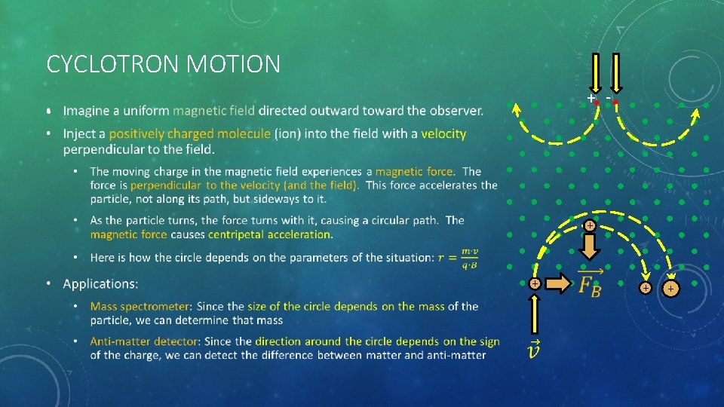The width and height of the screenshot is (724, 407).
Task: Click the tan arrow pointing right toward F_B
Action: click(557, 284)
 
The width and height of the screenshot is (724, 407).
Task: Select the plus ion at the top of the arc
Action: click(590, 225)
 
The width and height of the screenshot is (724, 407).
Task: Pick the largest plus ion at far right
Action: click(670, 288)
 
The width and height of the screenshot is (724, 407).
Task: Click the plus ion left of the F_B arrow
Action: click(533, 284)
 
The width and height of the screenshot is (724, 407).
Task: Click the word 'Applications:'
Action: click(101, 284)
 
